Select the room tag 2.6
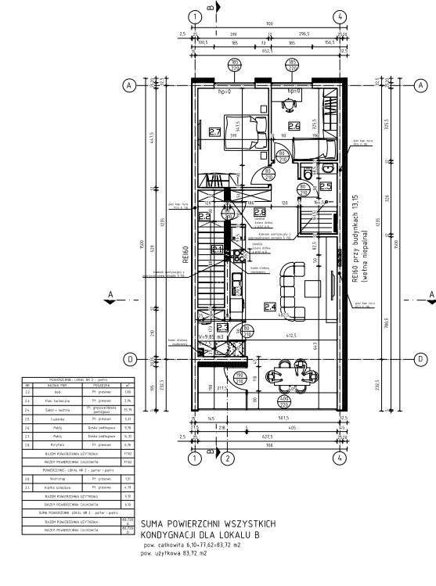tap(294, 126)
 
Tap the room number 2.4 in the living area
tap(269, 307)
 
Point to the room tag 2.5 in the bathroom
tap(325, 186)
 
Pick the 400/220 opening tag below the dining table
tap(283, 401)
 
